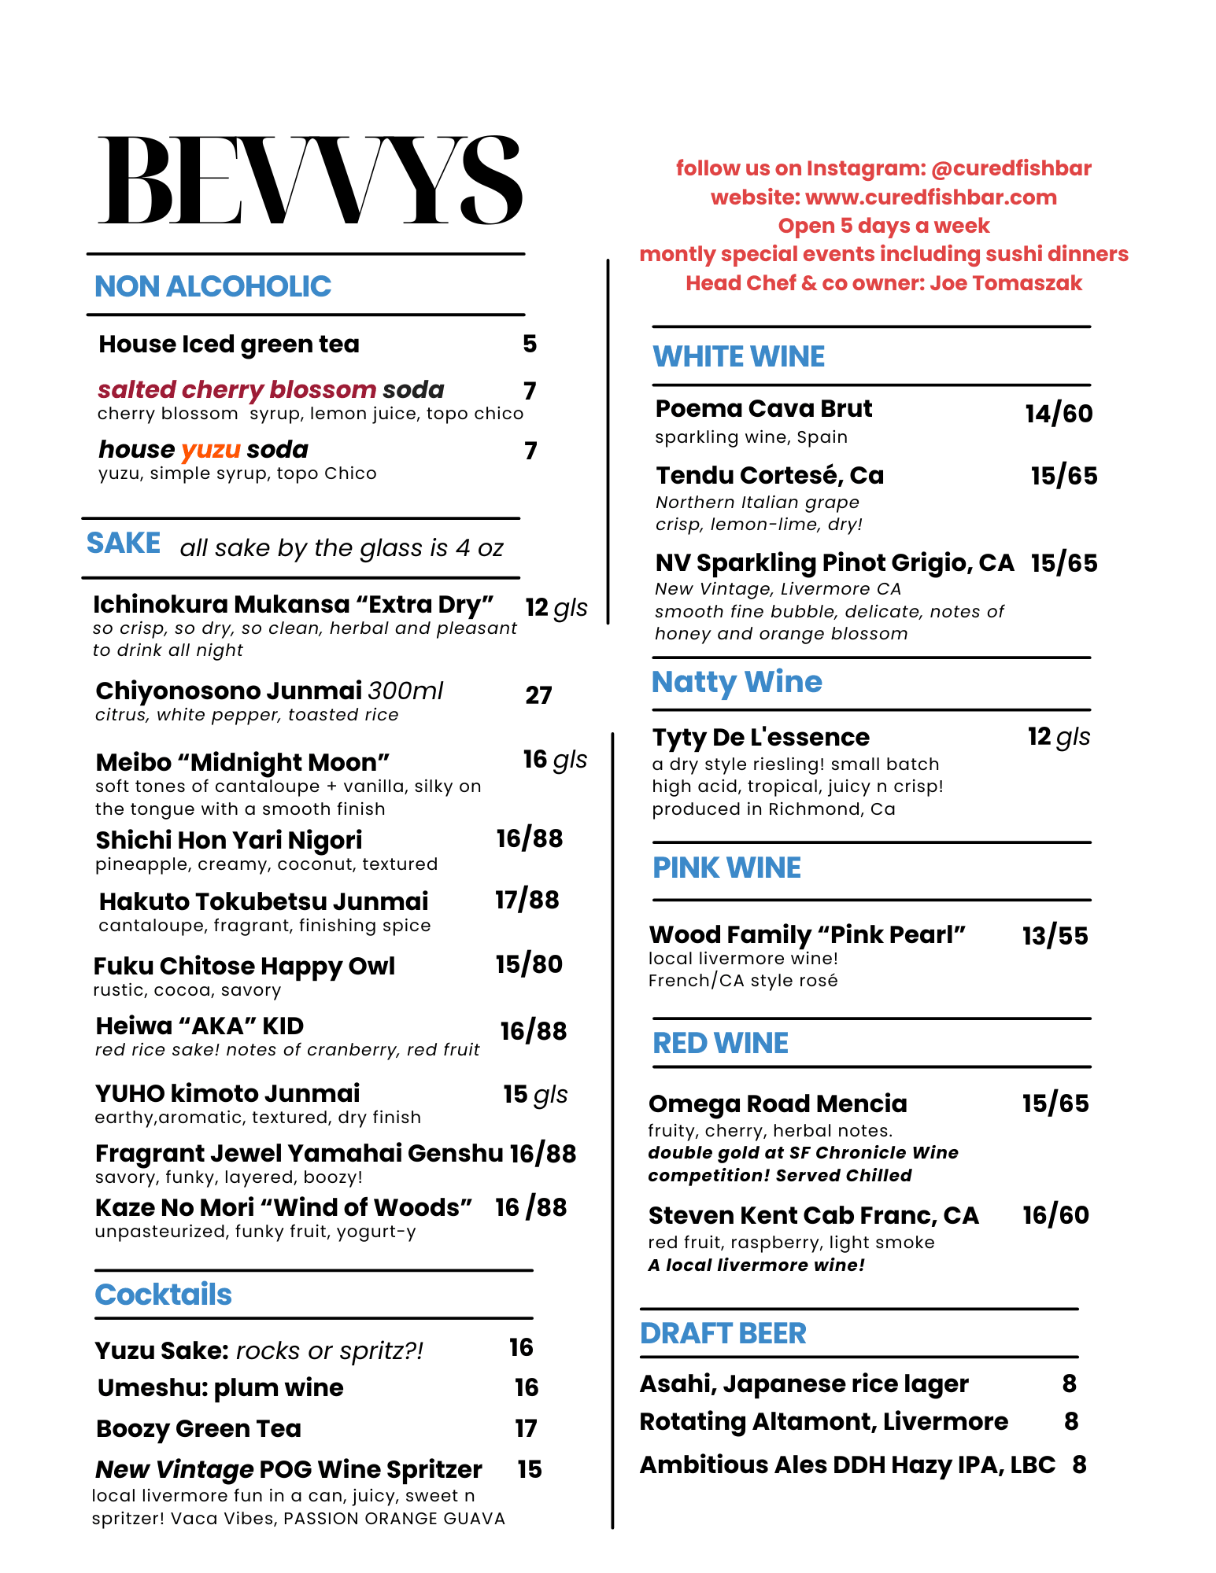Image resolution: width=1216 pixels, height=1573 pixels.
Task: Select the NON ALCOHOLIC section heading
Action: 213,286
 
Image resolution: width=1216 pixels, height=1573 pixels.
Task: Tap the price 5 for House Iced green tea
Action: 530,344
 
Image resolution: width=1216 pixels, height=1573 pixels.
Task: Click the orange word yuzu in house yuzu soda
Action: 210,449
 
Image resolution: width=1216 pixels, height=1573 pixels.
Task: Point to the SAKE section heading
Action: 124,543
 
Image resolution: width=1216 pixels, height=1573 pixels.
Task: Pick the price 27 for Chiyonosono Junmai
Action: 538,695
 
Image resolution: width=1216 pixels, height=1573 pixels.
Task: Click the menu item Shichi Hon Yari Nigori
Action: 229,840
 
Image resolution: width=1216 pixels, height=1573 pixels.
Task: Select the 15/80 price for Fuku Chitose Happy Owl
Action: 529,964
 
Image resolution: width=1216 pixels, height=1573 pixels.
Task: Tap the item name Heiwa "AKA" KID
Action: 199,1026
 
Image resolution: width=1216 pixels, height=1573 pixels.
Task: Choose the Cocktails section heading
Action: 163,1295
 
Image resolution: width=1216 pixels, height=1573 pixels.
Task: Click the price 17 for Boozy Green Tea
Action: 526,1428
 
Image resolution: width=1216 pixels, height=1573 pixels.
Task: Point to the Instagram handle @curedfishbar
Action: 1011,168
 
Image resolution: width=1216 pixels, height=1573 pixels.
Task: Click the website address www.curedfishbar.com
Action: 931,197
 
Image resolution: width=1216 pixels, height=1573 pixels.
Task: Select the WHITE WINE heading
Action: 738,356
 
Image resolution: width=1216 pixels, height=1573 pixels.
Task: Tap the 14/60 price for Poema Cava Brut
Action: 1059,414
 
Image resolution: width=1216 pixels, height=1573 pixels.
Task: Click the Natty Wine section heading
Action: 737,682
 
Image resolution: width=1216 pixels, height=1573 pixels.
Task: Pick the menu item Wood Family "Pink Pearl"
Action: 807,934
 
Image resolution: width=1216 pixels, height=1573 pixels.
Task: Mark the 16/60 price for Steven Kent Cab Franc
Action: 1055,1215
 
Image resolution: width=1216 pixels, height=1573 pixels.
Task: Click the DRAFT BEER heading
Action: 723,1333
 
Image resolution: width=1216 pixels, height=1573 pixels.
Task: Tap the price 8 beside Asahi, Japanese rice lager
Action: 1069,1383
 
